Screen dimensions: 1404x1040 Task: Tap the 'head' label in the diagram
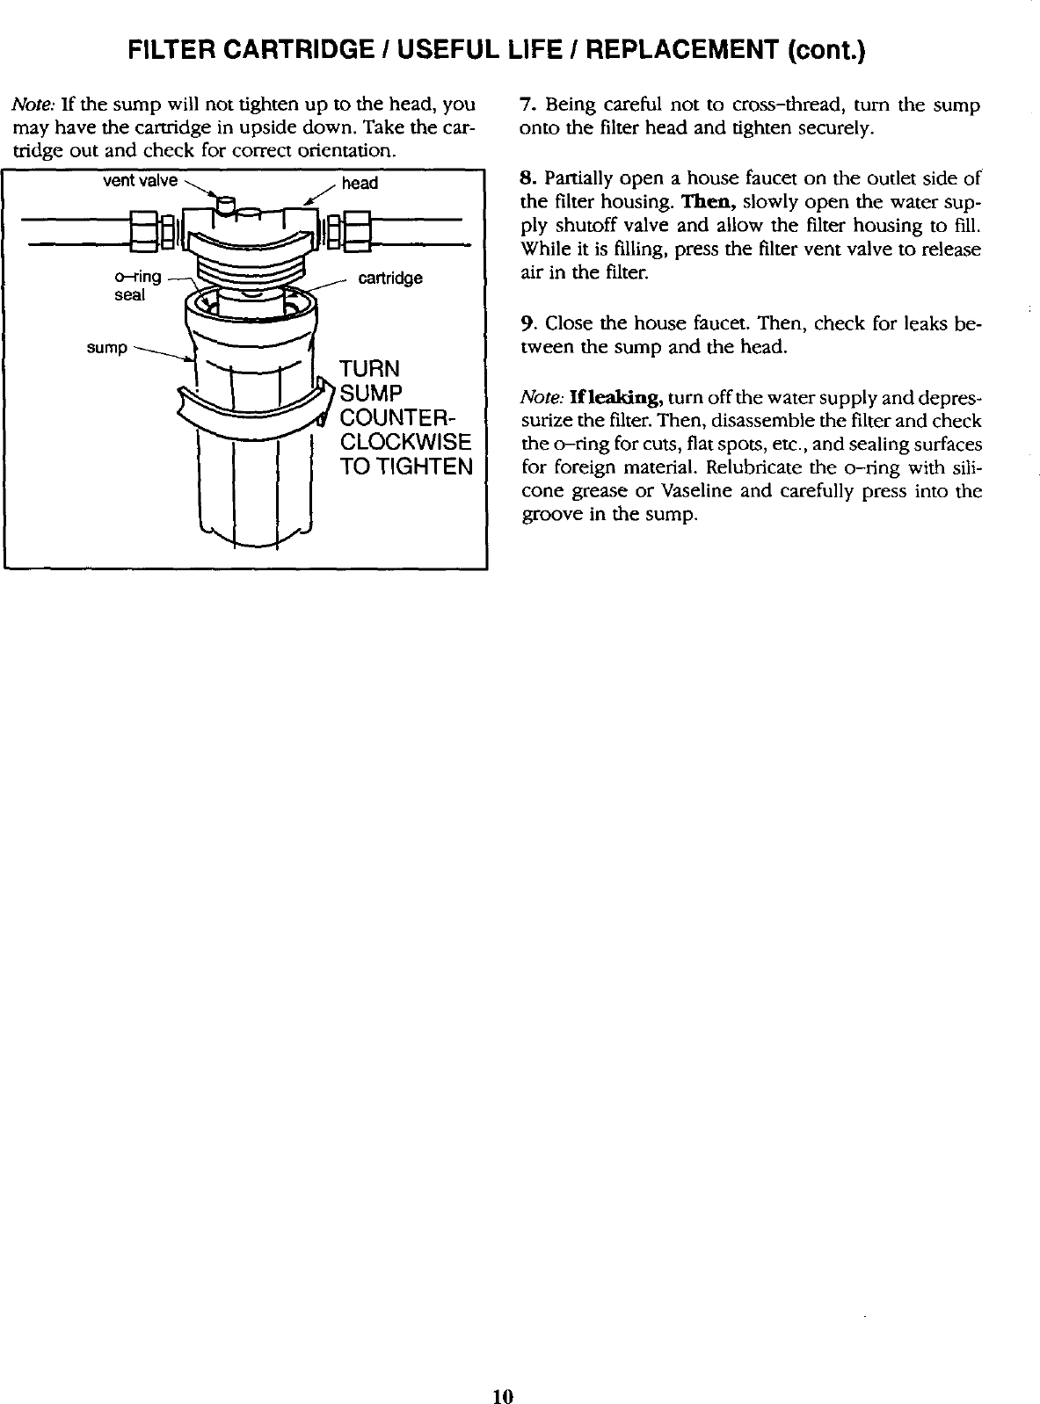[x=360, y=183]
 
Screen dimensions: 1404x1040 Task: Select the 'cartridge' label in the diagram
[x=390, y=279]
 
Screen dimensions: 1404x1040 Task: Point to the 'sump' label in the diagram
[x=106, y=348]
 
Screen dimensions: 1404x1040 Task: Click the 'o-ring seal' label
[x=137, y=286]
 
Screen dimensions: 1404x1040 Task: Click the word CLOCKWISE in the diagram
[x=405, y=441]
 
